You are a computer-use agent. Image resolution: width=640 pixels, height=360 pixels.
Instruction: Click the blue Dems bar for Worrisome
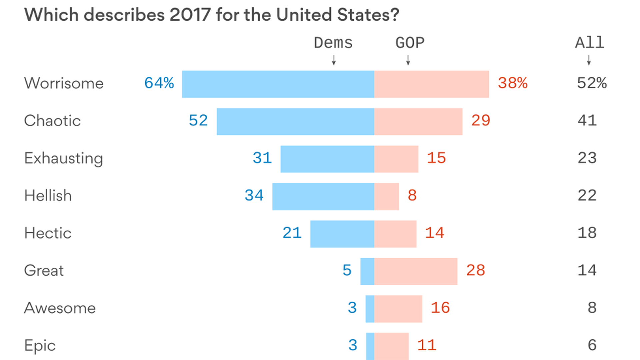[278, 84]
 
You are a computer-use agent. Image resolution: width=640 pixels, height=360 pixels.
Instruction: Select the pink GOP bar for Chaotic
[418, 121]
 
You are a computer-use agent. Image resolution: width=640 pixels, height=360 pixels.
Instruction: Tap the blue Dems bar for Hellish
[323, 196]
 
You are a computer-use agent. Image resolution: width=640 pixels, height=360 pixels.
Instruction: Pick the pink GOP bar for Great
[415, 271]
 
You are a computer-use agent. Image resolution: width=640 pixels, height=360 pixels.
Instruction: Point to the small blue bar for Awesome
[370, 309]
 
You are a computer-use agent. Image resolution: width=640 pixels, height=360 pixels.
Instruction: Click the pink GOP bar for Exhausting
[396, 159]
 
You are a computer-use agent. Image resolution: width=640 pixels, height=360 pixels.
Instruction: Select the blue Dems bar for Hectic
[342, 234]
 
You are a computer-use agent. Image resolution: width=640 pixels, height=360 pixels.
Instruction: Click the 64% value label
[159, 83]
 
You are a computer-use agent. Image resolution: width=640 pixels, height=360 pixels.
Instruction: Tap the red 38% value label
[512, 83]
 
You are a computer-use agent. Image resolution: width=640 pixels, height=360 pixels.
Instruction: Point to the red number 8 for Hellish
[412, 195]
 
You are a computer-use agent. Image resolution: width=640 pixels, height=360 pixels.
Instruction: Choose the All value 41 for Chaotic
[587, 120]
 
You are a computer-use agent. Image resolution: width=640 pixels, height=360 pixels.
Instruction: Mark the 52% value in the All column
[592, 83]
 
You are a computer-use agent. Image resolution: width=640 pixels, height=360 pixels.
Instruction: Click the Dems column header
[333, 43]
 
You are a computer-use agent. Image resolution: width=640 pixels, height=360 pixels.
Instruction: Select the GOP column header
[410, 43]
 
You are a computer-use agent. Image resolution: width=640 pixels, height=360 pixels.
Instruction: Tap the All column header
[589, 43]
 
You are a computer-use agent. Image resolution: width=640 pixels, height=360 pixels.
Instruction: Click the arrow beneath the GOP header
[408, 60]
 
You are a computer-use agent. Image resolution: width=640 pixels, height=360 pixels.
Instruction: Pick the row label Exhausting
[63, 158]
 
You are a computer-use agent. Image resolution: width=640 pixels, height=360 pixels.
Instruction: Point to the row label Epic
[40, 346]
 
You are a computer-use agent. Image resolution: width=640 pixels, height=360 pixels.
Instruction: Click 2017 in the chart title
[190, 15]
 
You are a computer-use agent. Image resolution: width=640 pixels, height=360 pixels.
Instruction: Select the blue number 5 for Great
[347, 270]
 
